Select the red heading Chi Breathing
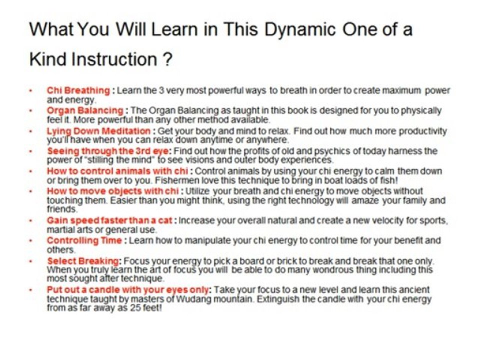[x=78, y=91]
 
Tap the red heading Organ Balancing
[x=85, y=111]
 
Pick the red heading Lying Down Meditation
[x=98, y=131]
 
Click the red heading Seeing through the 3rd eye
[x=108, y=151]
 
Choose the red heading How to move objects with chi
[x=112, y=191]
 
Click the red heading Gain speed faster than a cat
[x=109, y=220]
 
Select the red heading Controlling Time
[x=84, y=240]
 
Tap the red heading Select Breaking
[x=83, y=261]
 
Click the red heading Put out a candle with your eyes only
[x=128, y=290]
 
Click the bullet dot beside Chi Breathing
[x=30, y=91]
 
